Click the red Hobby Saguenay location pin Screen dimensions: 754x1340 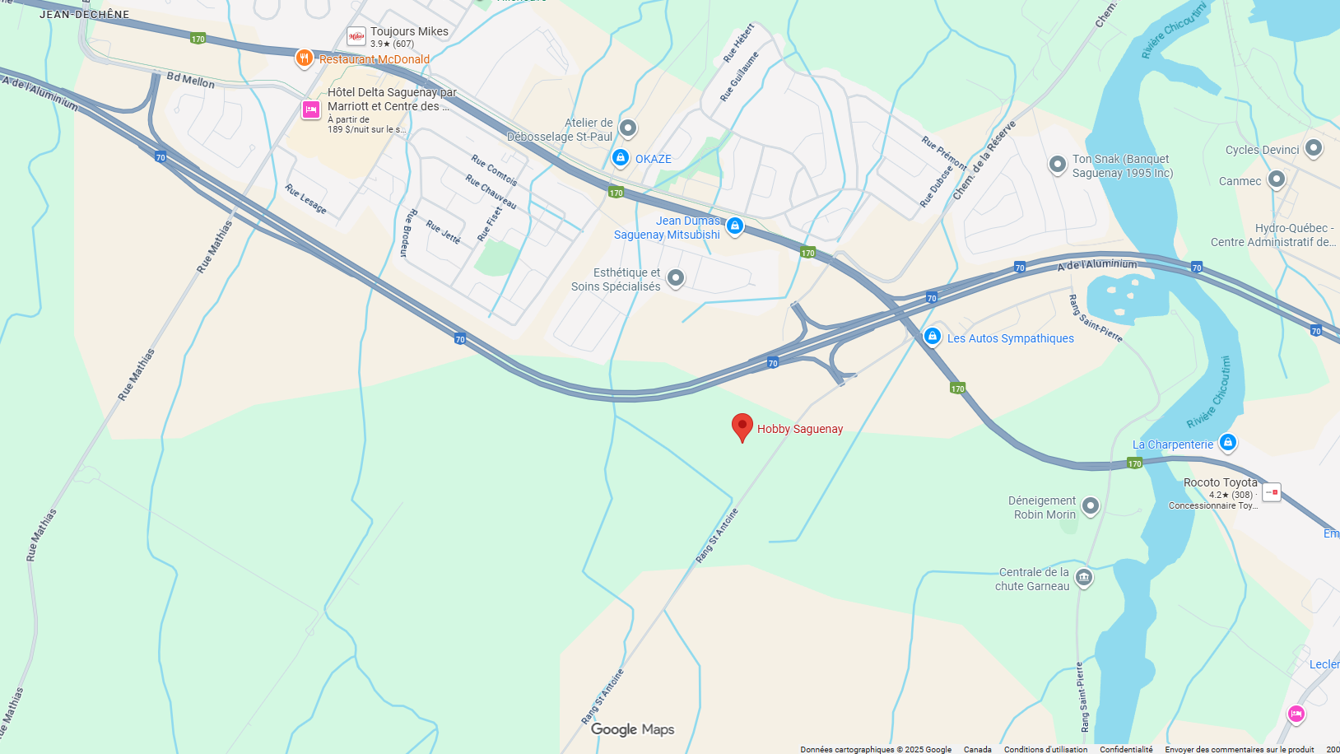[742, 426]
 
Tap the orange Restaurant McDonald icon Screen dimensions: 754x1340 [305, 58]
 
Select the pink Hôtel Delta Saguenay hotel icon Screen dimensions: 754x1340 [310, 109]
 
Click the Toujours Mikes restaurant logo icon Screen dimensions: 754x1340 [356, 36]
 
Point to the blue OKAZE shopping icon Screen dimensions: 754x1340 [621, 157]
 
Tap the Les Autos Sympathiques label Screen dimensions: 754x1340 [1010, 338]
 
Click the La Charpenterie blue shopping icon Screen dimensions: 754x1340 [1227, 443]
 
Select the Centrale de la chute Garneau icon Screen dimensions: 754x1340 [1084, 577]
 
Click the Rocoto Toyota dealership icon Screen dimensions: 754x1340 [1272, 492]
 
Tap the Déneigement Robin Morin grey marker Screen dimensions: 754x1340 [1091, 505]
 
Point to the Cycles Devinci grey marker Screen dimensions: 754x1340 [1314, 148]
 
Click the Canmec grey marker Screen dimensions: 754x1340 [1277, 179]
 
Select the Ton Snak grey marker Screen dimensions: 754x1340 [1058, 164]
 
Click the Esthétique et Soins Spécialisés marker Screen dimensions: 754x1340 [676, 278]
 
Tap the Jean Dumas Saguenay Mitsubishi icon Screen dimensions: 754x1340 [735, 226]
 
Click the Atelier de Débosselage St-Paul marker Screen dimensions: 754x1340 [628, 127]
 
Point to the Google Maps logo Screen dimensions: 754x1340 [632, 729]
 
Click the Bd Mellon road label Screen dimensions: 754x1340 [190, 80]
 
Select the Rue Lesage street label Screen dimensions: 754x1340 [305, 199]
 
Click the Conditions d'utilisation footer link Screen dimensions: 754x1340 [1045, 749]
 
